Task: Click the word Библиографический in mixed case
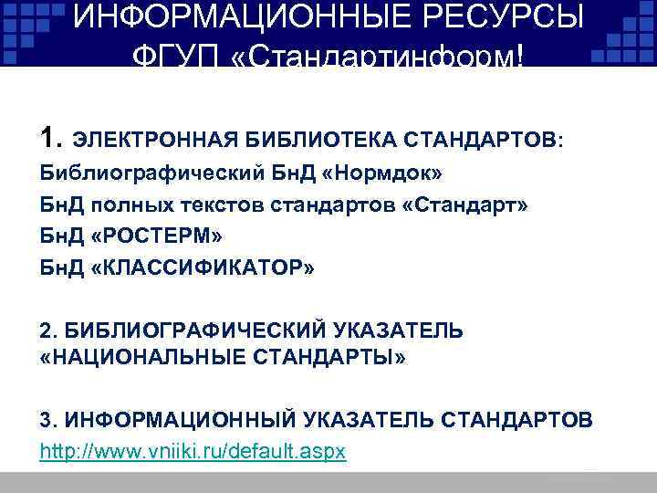coord(124,173)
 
